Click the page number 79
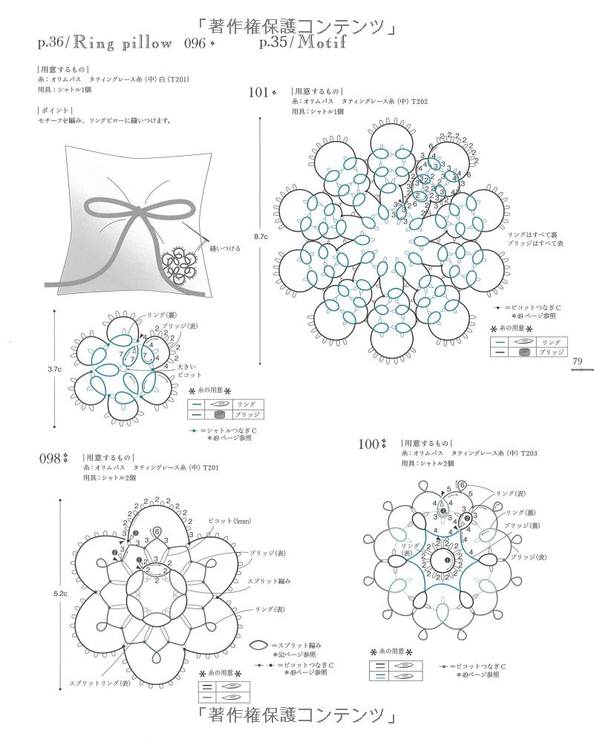coord(578,361)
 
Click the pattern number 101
coord(258,93)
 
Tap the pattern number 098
coord(49,459)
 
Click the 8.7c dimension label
coord(260,236)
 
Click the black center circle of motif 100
coord(448,561)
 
